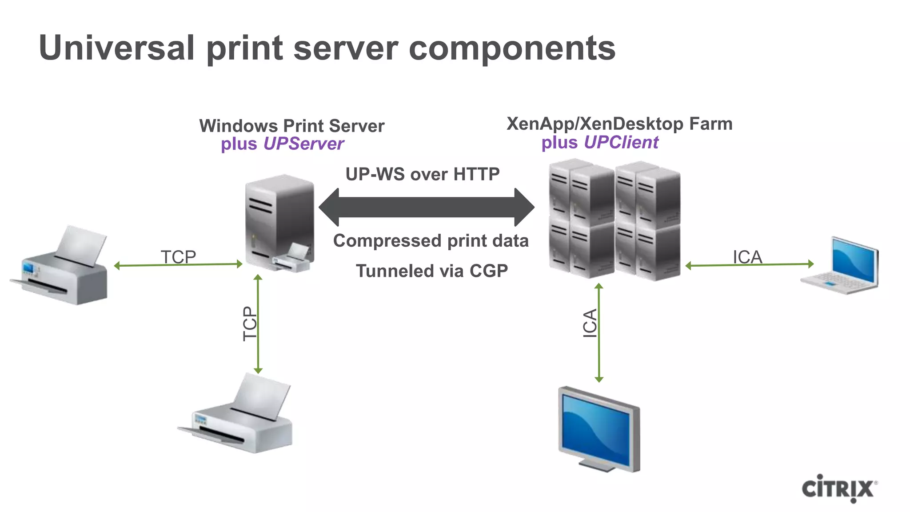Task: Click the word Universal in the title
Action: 117,48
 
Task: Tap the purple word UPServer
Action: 303,144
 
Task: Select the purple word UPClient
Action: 621,143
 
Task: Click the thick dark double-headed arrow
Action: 427,207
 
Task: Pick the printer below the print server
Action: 238,416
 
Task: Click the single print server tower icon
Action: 279,222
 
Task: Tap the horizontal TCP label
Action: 178,256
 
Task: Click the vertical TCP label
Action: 250,324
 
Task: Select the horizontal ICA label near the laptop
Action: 747,257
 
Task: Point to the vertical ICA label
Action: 590,324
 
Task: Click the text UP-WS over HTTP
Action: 423,174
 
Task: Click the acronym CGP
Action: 488,271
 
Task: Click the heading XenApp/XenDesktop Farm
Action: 619,124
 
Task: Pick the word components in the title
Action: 512,48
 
